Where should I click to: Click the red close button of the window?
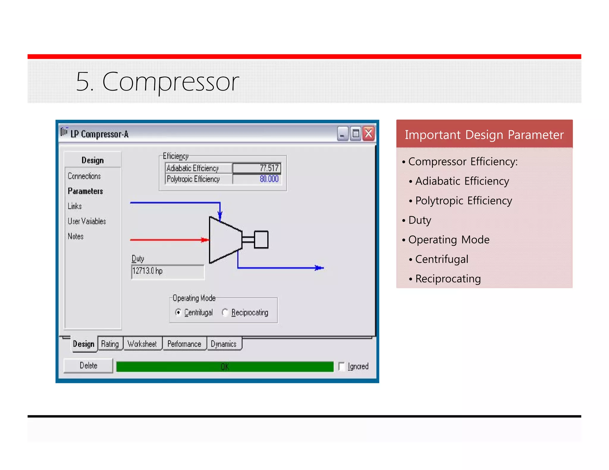click(x=369, y=134)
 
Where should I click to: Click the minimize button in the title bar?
click(x=342, y=134)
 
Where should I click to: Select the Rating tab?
click(x=110, y=344)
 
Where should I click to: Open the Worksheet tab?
click(x=142, y=344)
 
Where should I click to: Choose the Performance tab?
click(x=184, y=344)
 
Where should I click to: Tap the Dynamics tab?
click(x=224, y=344)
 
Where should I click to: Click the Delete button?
click(x=88, y=365)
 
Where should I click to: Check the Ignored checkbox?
click(x=342, y=366)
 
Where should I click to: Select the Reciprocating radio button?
click(x=225, y=313)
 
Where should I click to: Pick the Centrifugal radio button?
click(x=178, y=313)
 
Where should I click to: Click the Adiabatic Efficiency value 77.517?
click(x=257, y=168)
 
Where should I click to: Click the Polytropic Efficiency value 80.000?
click(x=257, y=179)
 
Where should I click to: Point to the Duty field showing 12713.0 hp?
click(x=168, y=271)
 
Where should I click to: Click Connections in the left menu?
click(x=84, y=176)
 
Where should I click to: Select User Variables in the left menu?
click(x=87, y=221)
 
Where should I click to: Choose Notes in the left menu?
click(x=76, y=236)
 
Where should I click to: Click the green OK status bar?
click(x=225, y=367)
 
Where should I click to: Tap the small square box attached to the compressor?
click(x=261, y=239)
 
